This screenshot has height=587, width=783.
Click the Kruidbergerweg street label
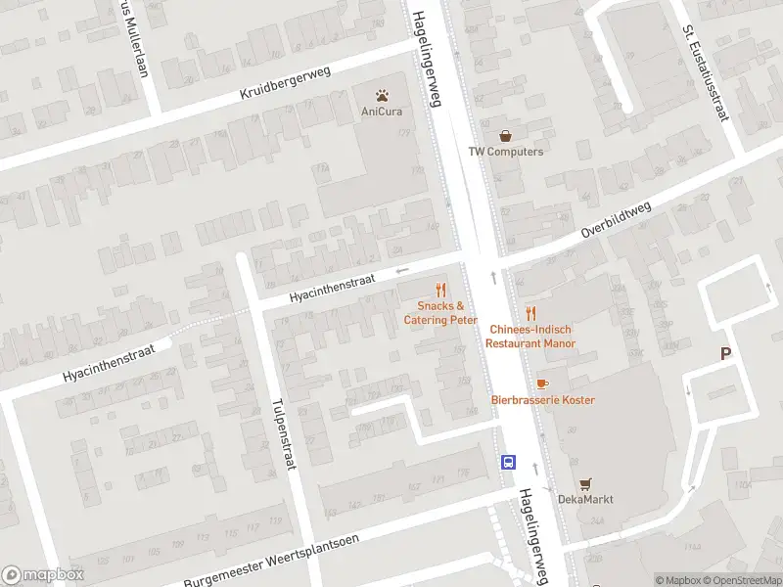coord(286,84)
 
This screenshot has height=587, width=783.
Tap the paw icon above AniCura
coord(381,95)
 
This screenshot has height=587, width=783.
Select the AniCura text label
coord(381,112)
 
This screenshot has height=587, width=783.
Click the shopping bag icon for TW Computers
coord(505,136)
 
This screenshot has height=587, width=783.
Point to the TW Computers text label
coord(505,152)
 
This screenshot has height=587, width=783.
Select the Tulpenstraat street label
coord(284,432)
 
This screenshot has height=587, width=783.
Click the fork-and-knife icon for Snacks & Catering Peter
coord(440,290)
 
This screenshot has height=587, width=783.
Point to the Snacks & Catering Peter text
coord(440,313)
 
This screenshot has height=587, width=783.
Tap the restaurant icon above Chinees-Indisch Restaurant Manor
coord(530,313)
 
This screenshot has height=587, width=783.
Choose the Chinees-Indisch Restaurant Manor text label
coord(530,337)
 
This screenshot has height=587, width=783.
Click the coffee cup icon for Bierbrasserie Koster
coord(542,384)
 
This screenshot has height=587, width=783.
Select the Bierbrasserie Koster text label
coord(542,400)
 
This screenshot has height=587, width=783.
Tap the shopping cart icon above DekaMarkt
coord(585,483)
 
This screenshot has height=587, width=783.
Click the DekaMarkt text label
coord(585,499)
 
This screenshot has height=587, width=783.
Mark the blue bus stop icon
coord(509,463)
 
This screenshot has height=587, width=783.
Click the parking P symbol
coord(725,354)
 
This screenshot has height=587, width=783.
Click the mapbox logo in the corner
coord(43,575)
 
